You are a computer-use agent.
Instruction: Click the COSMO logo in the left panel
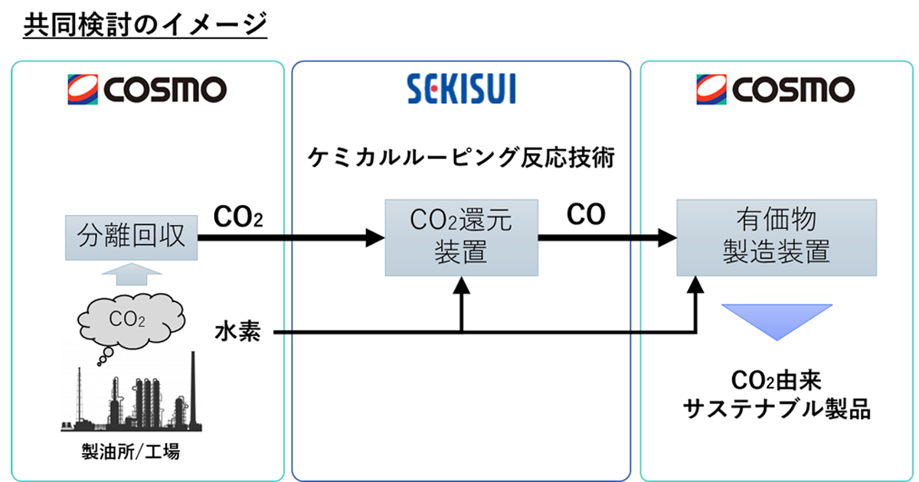tap(146, 90)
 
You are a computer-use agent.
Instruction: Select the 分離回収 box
tap(132, 237)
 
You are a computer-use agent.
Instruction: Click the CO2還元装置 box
tap(460, 237)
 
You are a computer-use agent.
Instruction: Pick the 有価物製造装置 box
tap(776, 237)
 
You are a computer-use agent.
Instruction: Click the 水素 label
tap(238, 333)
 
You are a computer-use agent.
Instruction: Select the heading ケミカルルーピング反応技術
tap(461, 158)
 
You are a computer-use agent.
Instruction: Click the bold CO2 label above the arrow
tap(238, 217)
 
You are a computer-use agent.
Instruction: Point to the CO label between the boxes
tap(586, 216)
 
